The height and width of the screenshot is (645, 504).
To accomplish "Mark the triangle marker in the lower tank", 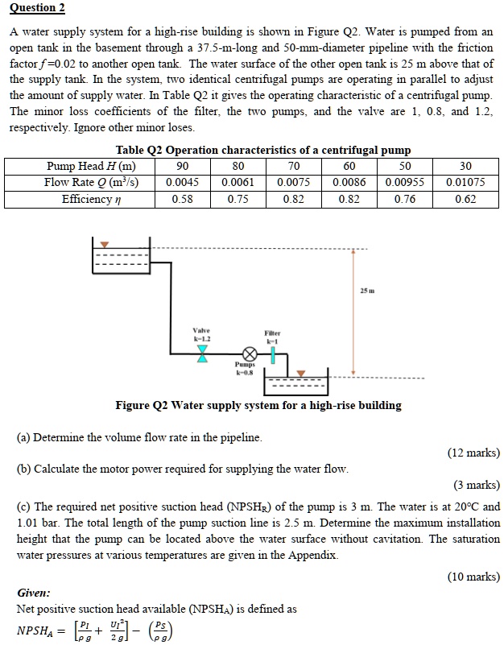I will [x=300, y=374].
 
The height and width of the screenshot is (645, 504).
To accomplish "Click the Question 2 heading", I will [x=37, y=8].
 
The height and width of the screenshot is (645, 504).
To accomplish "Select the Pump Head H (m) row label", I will [x=91, y=166].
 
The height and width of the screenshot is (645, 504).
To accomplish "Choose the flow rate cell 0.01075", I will [x=465, y=182].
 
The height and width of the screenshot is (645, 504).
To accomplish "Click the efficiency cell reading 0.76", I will [x=406, y=199].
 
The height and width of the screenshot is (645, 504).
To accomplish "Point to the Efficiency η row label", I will [x=91, y=199].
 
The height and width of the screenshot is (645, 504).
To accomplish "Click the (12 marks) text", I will [x=473, y=453].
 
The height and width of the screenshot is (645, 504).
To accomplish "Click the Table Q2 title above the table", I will [x=252, y=150].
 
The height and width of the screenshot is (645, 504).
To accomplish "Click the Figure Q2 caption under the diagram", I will [x=258, y=405].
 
